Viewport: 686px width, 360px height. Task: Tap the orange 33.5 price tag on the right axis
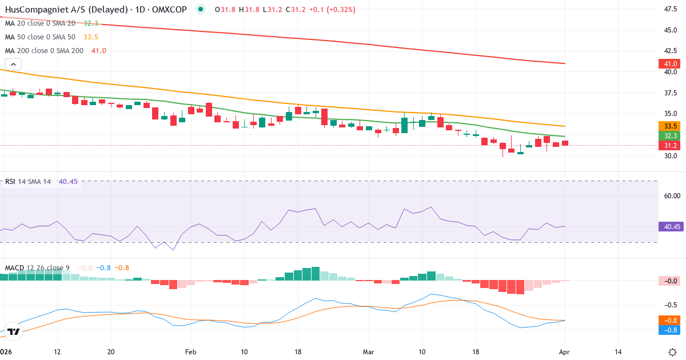pos(670,126)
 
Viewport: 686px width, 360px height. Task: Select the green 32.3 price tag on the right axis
pos(670,136)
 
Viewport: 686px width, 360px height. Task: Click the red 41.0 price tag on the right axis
pos(670,63)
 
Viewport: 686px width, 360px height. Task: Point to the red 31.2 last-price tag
pos(670,146)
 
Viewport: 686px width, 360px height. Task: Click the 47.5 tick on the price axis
pos(670,9)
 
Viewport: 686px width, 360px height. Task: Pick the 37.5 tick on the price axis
pos(670,93)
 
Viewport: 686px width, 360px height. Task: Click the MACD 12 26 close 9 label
pos(38,267)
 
